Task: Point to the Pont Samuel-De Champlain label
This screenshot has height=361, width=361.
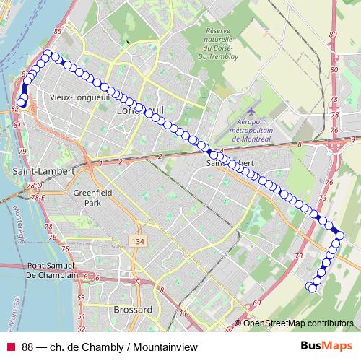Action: click(x=56, y=271)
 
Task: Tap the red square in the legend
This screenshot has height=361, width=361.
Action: click(x=11, y=347)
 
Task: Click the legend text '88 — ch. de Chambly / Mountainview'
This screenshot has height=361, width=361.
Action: click(x=110, y=347)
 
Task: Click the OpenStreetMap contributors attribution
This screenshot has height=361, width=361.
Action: click(x=297, y=323)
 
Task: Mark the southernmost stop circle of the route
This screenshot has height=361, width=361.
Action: click(x=313, y=287)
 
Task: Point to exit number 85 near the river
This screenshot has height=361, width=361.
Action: click(x=57, y=32)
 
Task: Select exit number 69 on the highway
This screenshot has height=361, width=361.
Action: click(x=256, y=305)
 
